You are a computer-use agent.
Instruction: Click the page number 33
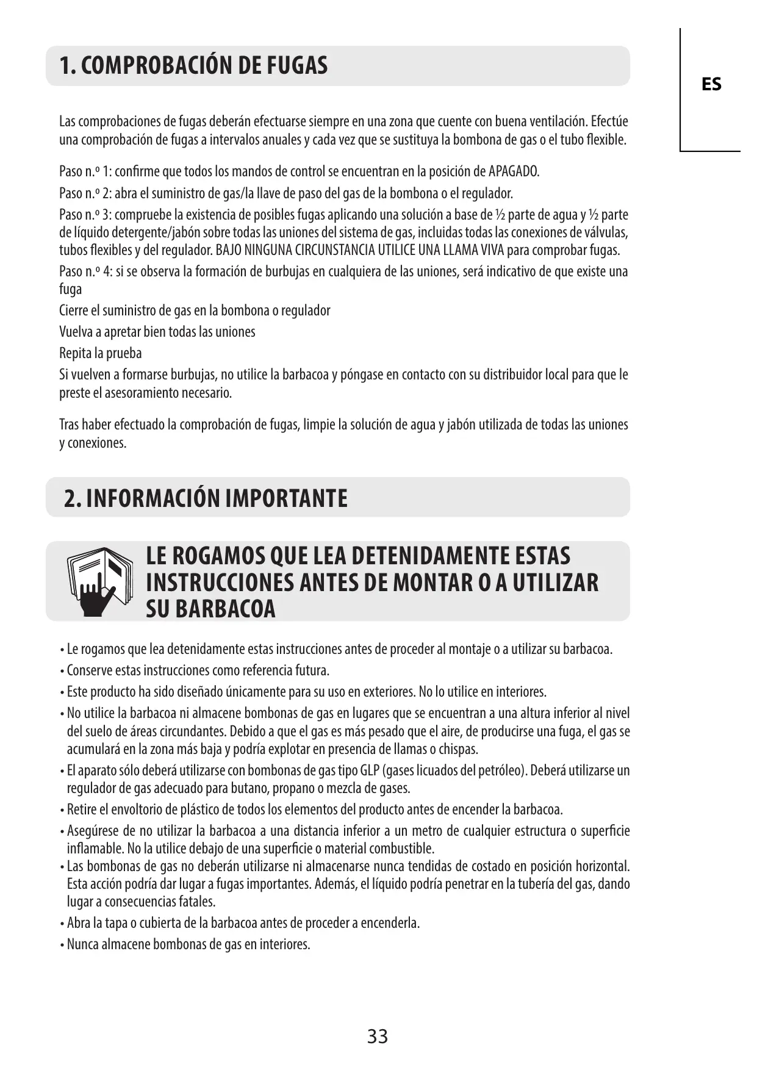click(378, 1036)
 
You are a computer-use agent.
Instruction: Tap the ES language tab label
click(711, 84)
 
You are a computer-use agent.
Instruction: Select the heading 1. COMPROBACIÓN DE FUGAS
click(193, 66)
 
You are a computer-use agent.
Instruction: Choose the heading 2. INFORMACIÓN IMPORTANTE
click(206, 498)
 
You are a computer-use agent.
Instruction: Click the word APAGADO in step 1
click(514, 171)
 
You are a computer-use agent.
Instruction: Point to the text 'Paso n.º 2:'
click(85, 193)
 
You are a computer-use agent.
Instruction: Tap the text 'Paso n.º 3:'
click(85, 215)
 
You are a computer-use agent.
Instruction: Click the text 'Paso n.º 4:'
click(85, 271)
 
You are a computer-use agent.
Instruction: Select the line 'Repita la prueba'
click(101, 353)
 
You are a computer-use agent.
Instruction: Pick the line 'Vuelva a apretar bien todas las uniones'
click(157, 332)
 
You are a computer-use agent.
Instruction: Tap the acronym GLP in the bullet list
click(368, 770)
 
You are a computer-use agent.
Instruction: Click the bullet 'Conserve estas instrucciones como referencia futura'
click(198, 670)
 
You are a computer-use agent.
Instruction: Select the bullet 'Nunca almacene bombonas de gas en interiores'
click(188, 944)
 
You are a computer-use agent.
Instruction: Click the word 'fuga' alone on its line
click(70, 289)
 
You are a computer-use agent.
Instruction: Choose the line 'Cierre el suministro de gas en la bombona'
click(195, 311)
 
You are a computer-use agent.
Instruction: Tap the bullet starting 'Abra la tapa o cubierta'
click(243, 923)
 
